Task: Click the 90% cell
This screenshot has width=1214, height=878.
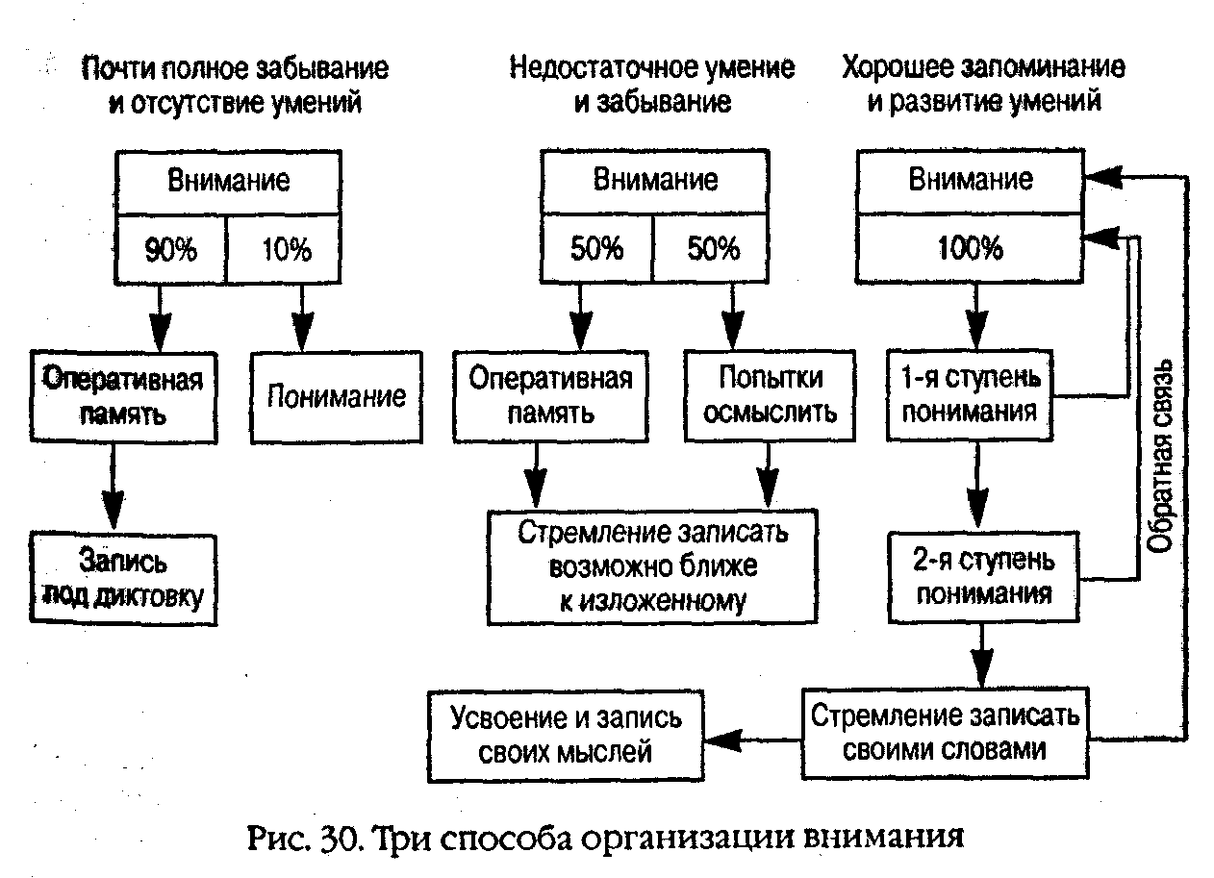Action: tap(170, 250)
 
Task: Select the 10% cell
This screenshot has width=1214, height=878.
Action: tap(285, 250)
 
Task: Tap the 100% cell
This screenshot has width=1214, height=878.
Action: tap(971, 250)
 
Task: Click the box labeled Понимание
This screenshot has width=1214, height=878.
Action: tap(337, 396)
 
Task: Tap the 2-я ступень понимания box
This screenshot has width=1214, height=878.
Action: tap(983, 576)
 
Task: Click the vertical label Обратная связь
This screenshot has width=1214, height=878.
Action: tap(1160, 456)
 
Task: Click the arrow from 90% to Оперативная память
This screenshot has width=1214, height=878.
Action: tap(160, 317)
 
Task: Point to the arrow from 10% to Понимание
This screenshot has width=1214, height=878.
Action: tap(303, 317)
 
